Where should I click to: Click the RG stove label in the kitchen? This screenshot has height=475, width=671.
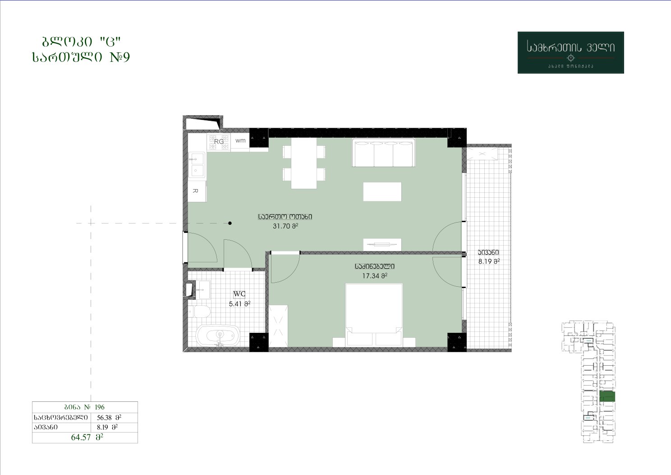coord(219,141)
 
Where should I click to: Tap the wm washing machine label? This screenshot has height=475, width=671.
coord(240,140)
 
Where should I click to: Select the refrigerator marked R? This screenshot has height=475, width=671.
coord(197,191)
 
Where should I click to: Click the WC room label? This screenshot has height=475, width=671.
coord(239,294)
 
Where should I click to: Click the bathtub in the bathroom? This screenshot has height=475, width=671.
coord(218,335)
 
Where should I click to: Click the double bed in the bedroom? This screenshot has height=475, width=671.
coord(374,315)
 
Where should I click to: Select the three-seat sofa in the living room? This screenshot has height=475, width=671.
coord(383,153)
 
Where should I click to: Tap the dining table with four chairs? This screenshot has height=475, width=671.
coord(304,163)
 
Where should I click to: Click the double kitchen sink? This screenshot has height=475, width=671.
coord(197,165)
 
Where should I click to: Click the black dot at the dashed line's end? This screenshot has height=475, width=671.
coord(230,223)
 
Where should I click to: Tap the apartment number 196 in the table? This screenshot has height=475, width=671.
coord(100,407)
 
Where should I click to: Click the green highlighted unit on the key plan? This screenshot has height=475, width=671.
coord(607,397)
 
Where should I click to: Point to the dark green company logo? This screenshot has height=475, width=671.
coord(570,52)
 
